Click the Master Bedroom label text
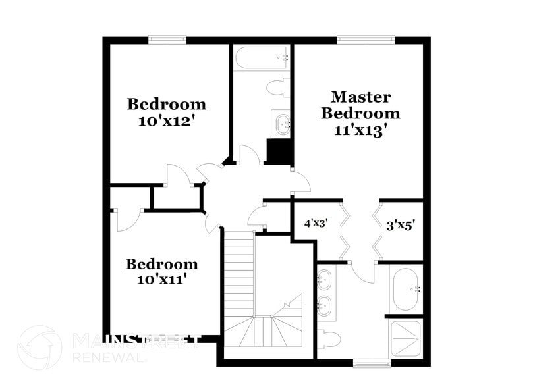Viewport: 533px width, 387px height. [360, 105]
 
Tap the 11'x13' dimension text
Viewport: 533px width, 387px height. [360, 130]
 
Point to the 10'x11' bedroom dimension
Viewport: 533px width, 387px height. [161, 280]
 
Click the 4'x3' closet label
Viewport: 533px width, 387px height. [316, 224]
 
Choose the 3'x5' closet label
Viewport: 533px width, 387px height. [400, 225]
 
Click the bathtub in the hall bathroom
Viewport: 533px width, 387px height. [262, 57]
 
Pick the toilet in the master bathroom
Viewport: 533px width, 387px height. [329, 340]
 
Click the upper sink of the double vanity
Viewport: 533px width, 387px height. [323, 280]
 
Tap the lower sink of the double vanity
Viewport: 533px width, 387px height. [323, 305]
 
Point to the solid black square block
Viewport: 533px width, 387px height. [279, 151]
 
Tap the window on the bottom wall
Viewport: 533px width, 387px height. [372, 363]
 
